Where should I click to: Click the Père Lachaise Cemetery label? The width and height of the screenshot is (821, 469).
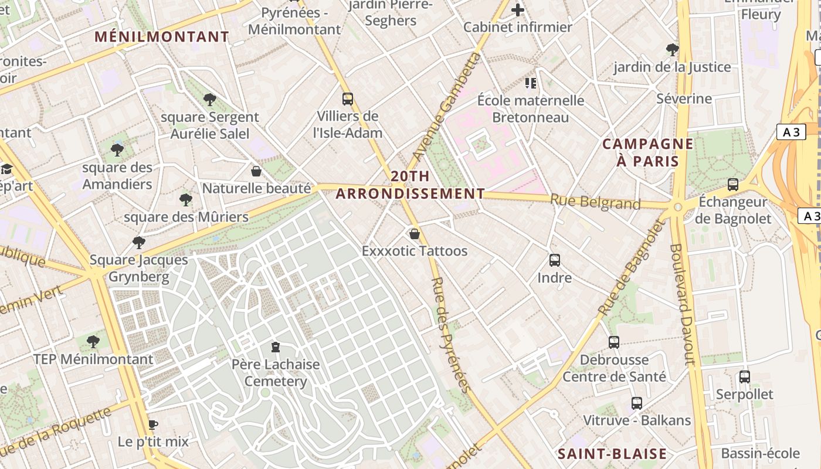click(275, 373)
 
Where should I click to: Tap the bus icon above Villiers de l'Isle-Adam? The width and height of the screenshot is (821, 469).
click(348, 98)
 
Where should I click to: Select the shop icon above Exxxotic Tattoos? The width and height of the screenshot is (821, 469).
click(415, 234)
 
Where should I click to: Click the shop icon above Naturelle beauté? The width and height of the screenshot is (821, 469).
click(256, 171)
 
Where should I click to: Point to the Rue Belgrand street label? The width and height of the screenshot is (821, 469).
click(595, 202)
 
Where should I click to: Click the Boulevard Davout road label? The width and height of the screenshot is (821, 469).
click(683, 305)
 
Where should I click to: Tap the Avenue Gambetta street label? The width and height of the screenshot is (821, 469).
click(446, 107)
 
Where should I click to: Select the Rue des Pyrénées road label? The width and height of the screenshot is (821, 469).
click(451, 334)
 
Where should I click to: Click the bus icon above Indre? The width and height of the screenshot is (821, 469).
click(555, 260)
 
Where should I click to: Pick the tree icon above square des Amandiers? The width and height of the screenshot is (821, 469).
click(117, 150)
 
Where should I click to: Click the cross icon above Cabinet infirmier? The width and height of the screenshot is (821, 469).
click(518, 10)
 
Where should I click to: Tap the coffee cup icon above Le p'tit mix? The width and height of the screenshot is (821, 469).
click(153, 424)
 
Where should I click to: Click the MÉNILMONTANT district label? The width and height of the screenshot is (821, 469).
click(162, 37)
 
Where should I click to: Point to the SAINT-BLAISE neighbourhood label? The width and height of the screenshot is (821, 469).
click(612, 454)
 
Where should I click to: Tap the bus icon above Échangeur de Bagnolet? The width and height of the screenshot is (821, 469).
click(732, 185)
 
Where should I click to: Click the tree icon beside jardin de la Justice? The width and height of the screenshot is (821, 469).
click(673, 49)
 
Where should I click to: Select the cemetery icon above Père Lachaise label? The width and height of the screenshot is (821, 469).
click(276, 347)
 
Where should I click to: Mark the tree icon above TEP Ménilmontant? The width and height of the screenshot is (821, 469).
click(93, 342)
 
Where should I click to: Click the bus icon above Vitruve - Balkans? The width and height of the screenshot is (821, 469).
click(637, 403)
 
